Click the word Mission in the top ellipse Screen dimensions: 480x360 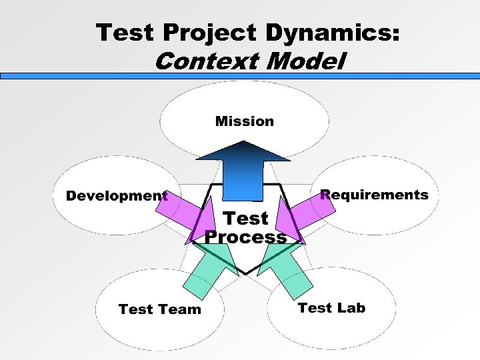[x=244, y=121]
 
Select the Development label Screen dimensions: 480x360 [x=117, y=196]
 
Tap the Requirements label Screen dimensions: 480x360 [x=374, y=195]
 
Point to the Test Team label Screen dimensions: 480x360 [x=159, y=309]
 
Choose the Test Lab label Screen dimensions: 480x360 [x=331, y=307]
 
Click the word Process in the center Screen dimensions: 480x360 [x=245, y=237]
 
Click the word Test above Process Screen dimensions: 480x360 [x=245, y=218]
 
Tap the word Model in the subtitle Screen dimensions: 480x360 [x=305, y=62]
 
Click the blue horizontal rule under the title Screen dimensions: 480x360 [x=240, y=77]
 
